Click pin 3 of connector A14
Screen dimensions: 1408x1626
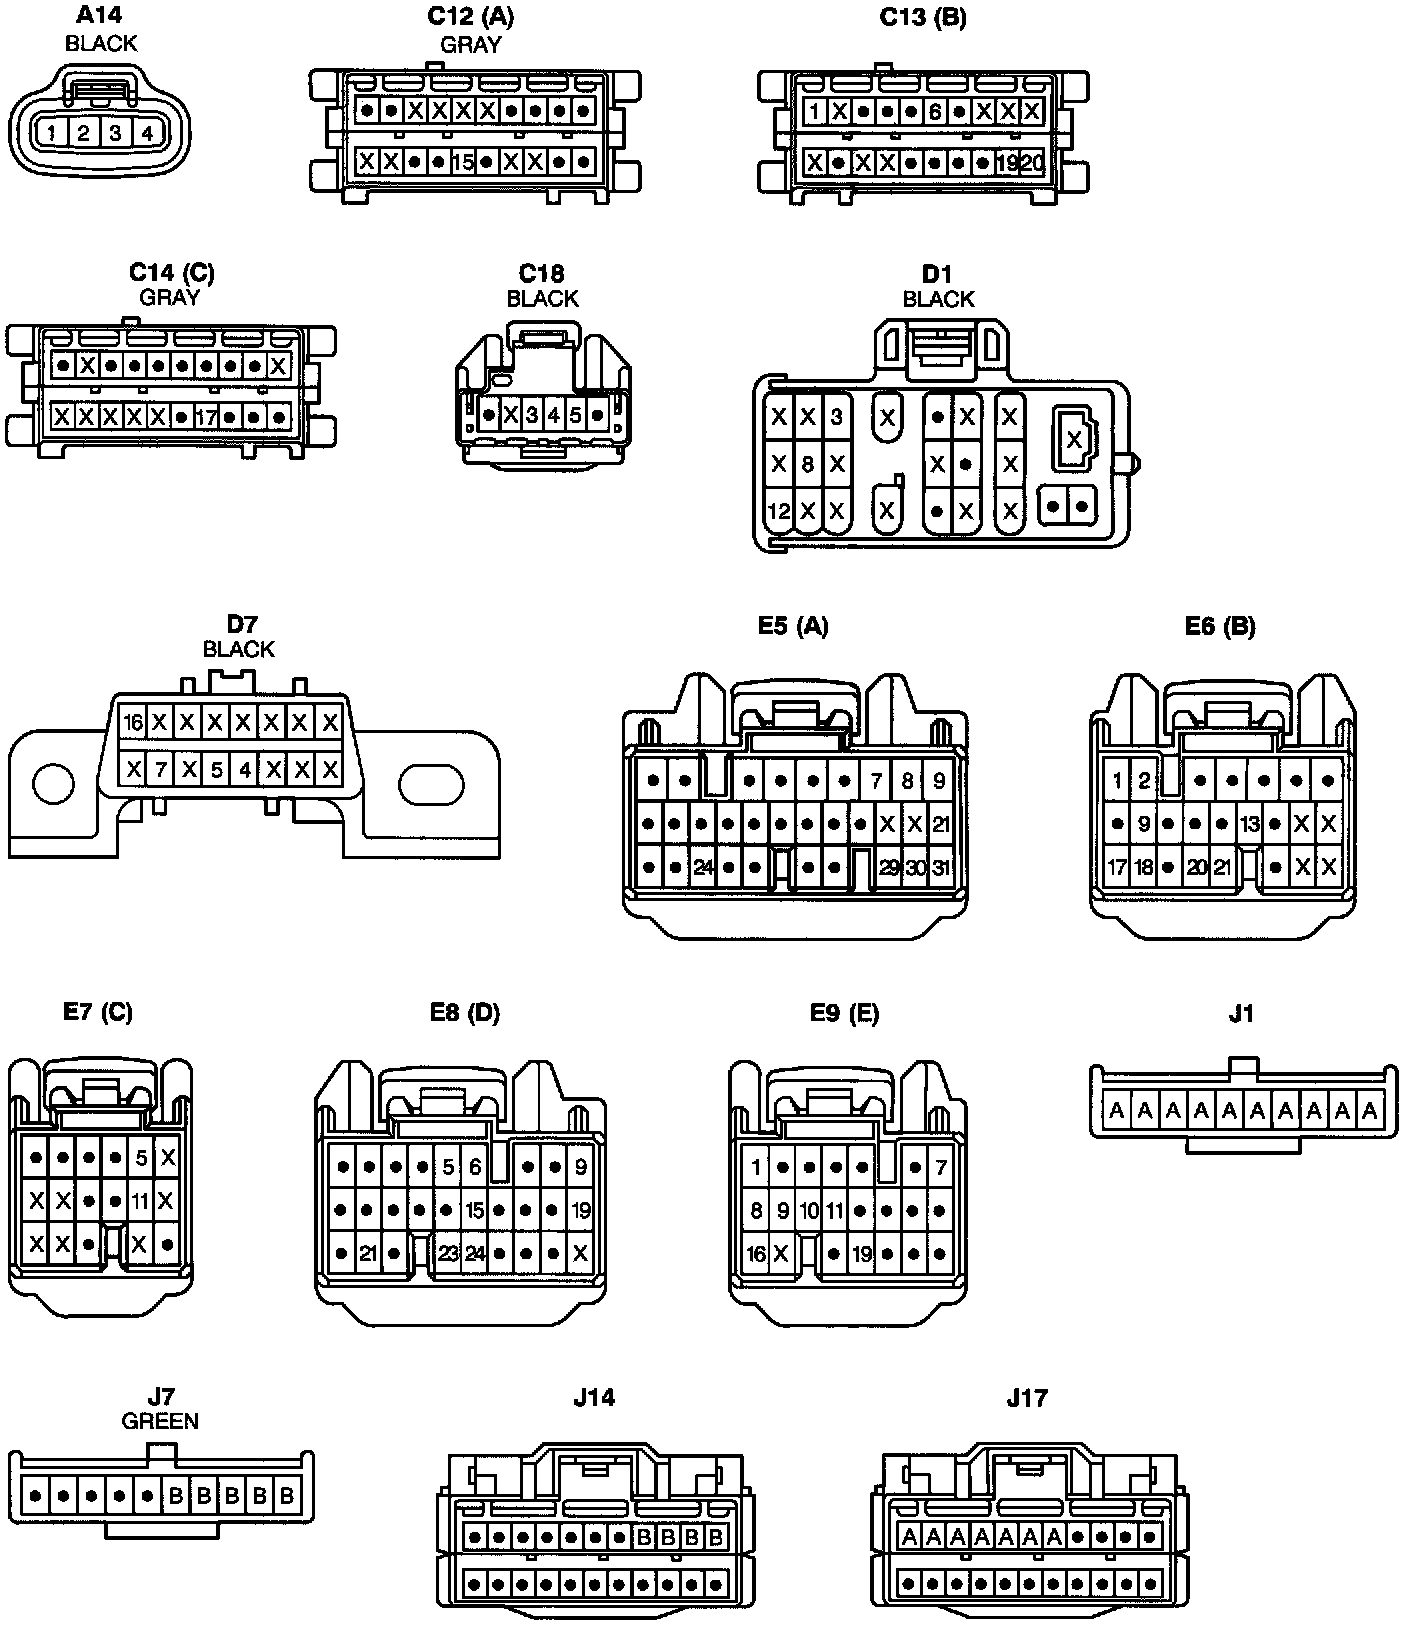(115, 132)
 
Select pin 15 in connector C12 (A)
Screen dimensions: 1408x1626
(462, 161)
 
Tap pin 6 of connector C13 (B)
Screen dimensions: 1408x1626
(935, 112)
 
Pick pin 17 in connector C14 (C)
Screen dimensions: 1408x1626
(206, 416)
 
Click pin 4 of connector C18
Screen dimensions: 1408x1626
(554, 414)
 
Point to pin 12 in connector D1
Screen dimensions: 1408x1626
(778, 511)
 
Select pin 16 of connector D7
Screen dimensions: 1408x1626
(132, 722)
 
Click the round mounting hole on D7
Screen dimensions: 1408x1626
(53, 783)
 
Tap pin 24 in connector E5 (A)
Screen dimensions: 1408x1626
(703, 867)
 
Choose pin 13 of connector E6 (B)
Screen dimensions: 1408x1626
(1250, 825)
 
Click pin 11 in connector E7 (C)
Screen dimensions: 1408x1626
(140, 1200)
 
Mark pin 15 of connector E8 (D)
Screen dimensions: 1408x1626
(475, 1210)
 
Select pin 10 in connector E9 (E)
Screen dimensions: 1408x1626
(809, 1211)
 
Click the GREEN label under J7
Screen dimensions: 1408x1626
(160, 1420)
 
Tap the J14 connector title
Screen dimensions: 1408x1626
(594, 1397)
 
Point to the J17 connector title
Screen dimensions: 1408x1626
(1027, 1397)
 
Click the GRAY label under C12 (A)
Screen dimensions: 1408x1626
(471, 44)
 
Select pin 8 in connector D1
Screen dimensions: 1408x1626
(808, 464)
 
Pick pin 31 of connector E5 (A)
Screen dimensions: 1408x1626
(940, 867)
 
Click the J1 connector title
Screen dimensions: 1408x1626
(1241, 1013)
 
